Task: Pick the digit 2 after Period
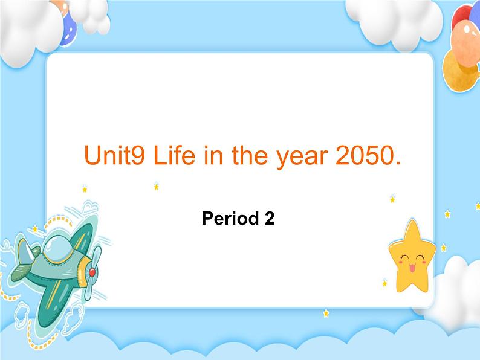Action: point(270,219)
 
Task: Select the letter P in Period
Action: point(207,219)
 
